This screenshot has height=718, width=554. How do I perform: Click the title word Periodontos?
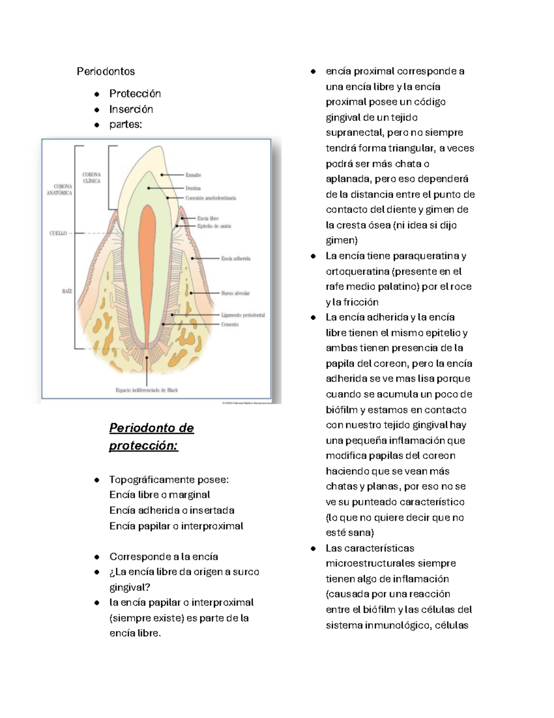click(x=106, y=71)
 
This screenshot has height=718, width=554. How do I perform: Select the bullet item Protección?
click(x=135, y=94)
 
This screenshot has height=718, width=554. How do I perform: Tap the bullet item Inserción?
click(x=131, y=109)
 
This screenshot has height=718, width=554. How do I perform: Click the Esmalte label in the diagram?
click(x=193, y=175)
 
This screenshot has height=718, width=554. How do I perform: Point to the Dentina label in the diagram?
click(x=193, y=188)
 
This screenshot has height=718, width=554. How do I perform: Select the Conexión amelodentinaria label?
click(x=211, y=198)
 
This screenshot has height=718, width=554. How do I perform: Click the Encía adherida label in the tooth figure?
click(x=235, y=258)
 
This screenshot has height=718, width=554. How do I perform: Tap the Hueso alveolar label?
click(x=235, y=293)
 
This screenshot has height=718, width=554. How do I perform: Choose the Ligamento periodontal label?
click(x=243, y=315)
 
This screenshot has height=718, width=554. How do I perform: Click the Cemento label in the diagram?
click(x=230, y=325)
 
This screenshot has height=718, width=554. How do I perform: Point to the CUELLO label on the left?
click(x=59, y=233)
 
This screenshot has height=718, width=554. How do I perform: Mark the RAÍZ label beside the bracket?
click(x=67, y=291)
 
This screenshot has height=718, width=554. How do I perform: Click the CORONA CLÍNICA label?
click(x=91, y=178)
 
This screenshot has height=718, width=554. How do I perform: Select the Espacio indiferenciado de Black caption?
click(x=146, y=390)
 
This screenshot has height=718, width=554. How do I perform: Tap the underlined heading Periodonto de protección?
click(x=151, y=436)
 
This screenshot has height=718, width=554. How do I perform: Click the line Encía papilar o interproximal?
click(x=176, y=526)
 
